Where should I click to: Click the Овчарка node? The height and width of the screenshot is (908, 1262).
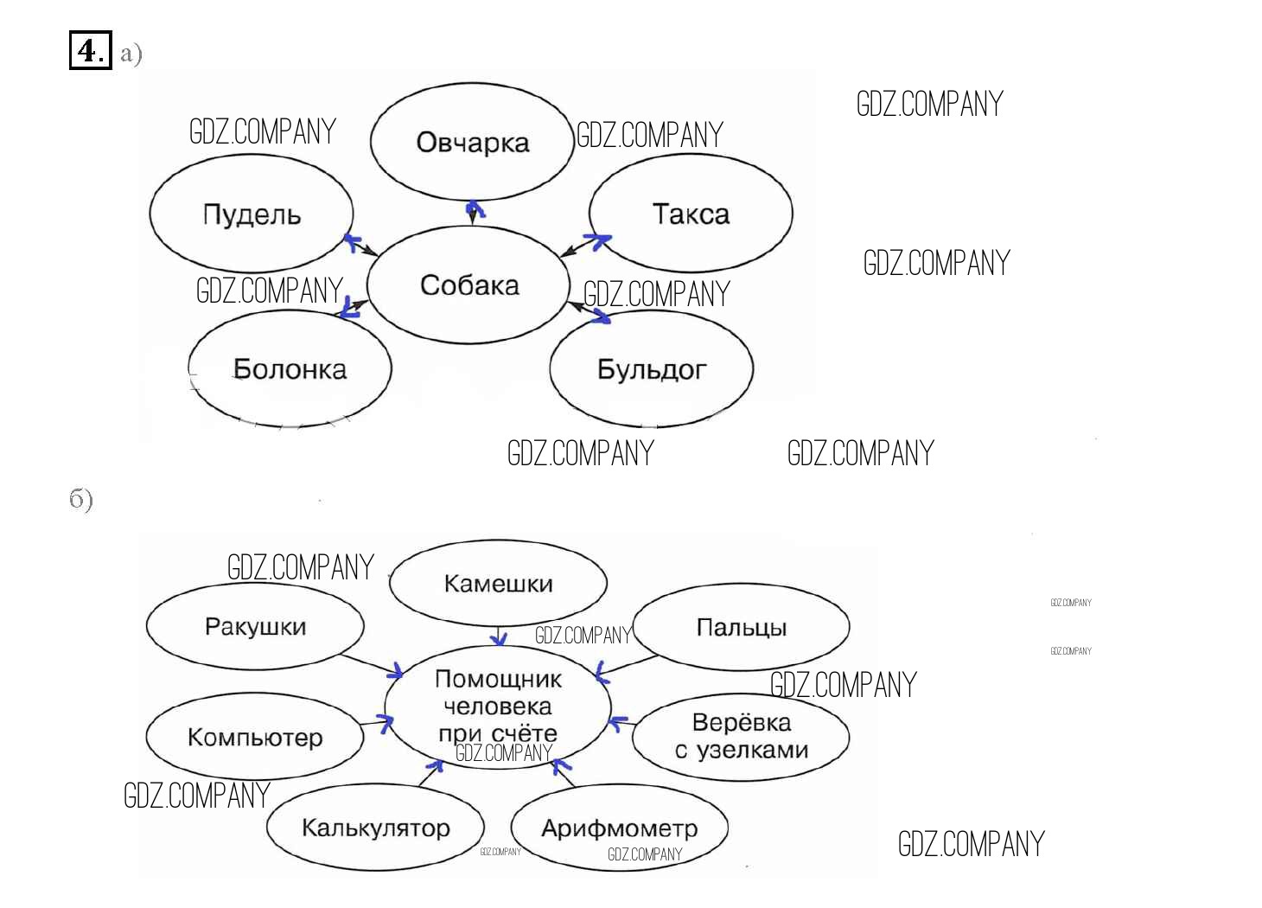click(472, 142)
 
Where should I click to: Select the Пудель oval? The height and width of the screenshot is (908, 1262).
click(252, 214)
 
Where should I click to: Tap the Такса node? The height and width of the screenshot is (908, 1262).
click(691, 214)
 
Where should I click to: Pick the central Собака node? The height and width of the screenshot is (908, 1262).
click(468, 285)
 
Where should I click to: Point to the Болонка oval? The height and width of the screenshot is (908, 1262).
click(290, 369)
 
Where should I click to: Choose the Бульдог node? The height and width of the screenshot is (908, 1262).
click(651, 369)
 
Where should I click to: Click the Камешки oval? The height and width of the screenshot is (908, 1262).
click(498, 584)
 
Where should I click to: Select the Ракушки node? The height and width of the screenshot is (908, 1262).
click(255, 626)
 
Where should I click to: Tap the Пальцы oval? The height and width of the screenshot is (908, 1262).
click(741, 627)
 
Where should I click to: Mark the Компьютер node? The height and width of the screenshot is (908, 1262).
click(255, 737)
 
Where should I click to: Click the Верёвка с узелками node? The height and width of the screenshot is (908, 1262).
click(741, 736)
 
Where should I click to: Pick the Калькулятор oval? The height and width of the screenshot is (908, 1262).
click(375, 828)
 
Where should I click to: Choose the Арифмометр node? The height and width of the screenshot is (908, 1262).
click(619, 828)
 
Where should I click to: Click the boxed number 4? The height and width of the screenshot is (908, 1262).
click(90, 50)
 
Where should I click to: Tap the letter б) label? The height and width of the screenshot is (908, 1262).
click(81, 499)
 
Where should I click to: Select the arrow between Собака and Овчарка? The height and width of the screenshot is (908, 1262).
click(473, 212)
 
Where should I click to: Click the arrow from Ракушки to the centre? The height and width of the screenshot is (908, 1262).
click(372, 665)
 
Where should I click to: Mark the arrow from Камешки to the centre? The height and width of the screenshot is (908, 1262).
click(499, 636)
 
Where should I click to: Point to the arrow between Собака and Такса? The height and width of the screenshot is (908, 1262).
click(585, 245)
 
